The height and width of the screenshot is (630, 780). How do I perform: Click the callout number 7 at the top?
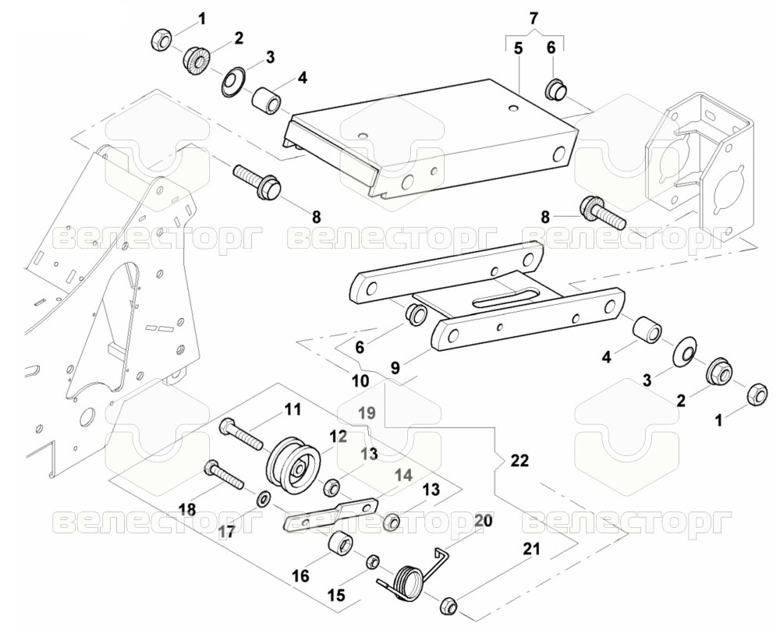(534, 19)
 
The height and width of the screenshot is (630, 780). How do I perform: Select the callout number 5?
(519, 48)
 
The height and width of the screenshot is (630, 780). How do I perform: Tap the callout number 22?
(519, 461)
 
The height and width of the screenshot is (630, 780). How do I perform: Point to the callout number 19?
(367, 412)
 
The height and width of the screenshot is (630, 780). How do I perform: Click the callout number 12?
(337, 437)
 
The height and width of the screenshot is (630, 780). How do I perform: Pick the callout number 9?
(395, 368)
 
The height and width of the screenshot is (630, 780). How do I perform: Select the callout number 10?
(360, 381)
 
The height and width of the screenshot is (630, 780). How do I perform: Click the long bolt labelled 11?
(241, 434)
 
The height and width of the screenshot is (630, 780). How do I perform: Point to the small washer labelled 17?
(264, 497)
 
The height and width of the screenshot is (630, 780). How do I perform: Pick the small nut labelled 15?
(374, 563)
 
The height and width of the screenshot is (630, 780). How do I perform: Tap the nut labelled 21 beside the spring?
(449, 604)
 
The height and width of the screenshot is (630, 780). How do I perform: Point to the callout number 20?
(483, 521)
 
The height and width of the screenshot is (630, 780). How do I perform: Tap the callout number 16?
(300, 575)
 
